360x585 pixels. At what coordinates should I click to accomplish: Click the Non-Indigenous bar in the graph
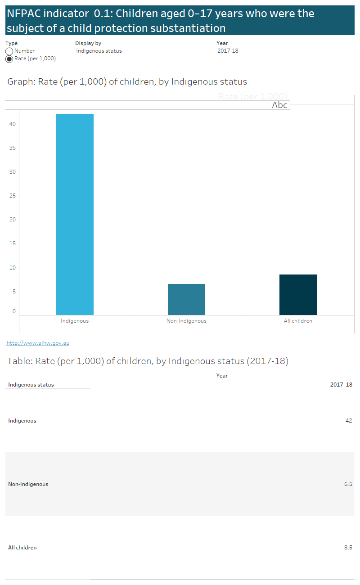186,299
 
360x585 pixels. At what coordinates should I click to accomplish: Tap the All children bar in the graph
298,295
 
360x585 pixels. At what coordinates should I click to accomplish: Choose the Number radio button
9,51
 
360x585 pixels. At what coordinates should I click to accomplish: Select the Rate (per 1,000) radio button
9,59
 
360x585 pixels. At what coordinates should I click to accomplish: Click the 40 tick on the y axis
13,124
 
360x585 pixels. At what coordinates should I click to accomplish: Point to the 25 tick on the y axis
13,196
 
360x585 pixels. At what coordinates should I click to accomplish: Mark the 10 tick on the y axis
13,268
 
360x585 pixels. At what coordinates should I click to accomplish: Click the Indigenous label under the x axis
75,321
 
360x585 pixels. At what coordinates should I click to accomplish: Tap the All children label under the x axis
298,321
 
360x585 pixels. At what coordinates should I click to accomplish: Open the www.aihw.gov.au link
38,343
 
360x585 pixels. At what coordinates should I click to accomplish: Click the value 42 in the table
348,421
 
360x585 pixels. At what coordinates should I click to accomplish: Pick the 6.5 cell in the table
348,484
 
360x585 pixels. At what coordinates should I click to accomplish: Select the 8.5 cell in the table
348,548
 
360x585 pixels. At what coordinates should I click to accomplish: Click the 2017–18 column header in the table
341,385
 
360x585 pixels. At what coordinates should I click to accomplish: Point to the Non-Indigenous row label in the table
28,484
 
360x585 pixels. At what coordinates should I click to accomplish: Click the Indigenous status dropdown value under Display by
99,51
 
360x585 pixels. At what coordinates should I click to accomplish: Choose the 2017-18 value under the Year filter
228,51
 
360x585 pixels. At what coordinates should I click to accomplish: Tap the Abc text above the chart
279,105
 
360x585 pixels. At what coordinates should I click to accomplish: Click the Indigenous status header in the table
31,385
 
